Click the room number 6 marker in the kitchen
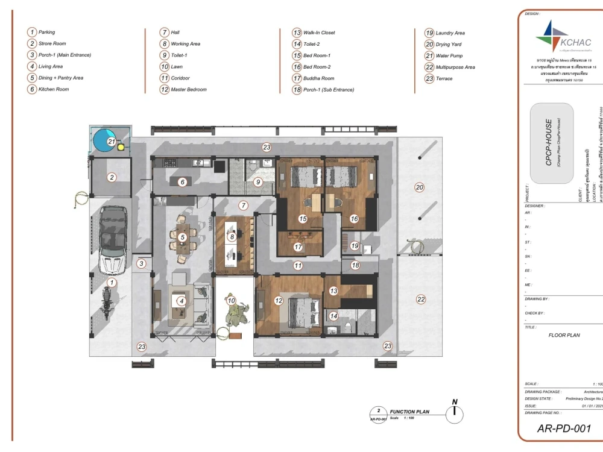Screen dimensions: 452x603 (183, 181)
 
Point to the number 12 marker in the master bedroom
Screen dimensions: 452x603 (279, 300)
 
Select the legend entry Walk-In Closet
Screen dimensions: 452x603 (319, 33)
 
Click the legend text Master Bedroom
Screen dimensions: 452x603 (189, 89)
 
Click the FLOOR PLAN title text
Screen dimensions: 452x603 (564, 335)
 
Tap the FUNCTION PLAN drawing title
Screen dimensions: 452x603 (409, 412)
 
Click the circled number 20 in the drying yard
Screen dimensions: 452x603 (420, 187)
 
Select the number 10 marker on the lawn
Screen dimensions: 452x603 (231, 300)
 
